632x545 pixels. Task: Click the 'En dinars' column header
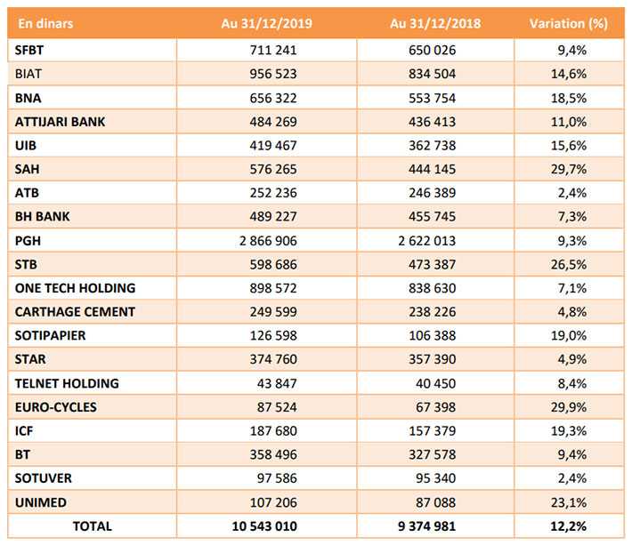pyautogui.click(x=45, y=23)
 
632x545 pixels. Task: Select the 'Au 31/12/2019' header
pyautogui.click(x=266, y=23)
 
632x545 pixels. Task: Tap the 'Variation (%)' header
pyautogui.click(x=568, y=23)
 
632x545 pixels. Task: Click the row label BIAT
pyautogui.click(x=28, y=74)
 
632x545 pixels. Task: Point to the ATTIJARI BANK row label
pyautogui.click(x=60, y=122)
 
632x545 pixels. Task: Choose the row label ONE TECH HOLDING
pyautogui.click(x=76, y=288)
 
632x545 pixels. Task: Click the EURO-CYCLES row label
pyautogui.click(x=56, y=407)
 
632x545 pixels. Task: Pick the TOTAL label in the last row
pyautogui.click(x=93, y=526)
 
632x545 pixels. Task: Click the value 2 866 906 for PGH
pyautogui.click(x=268, y=241)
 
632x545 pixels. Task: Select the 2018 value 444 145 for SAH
pyautogui.click(x=432, y=169)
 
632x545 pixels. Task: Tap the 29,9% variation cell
pyautogui.click(x=569, y=407)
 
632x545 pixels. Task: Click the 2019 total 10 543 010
pyautogui.click(x=264, y=526)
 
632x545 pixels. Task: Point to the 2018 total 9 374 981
pyautogui.click(x=427, y=526)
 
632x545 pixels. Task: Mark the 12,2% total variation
pyautogui.click(x=568, y=526)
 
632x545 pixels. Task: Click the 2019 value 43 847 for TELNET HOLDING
pyautogui.click(x=277, y=383)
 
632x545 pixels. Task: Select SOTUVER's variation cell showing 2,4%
pyautogui.click(x=572, y=478)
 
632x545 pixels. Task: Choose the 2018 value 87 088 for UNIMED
pyautogui.click(x=435, y=502)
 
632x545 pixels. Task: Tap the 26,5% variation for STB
pyautogui.click(x=569, y=264)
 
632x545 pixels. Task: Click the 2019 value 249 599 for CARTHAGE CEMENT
pyautogui.click(x=273, y=311)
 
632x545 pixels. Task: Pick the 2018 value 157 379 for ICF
pyautogui.click(x=432, y=430)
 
